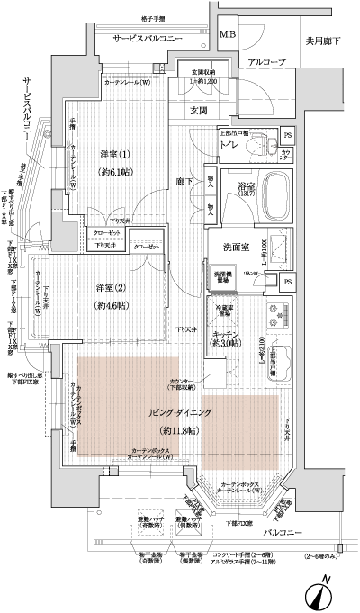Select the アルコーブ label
pyautogui.click(x=266, y=61)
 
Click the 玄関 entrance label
pyautogui.click(x=198, y=111)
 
